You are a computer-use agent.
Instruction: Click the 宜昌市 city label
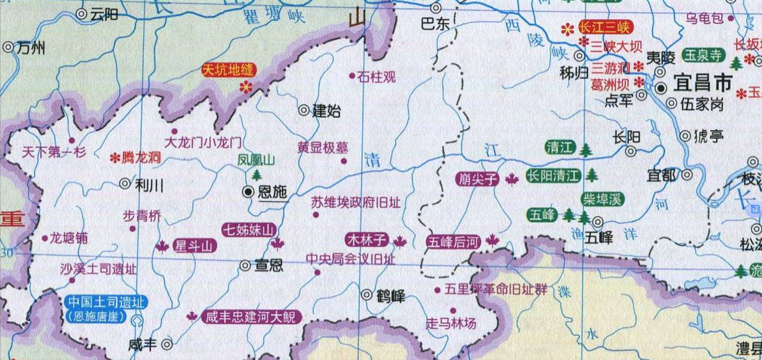[702, 83]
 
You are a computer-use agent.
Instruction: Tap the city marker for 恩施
[248, 192]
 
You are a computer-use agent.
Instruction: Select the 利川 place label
[149, 186]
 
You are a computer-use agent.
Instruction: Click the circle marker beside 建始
[304, 110]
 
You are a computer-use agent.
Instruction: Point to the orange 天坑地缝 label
[229, 70]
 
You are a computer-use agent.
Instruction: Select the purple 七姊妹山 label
[248, 230]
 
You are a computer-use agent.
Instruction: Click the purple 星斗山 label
[194, 246]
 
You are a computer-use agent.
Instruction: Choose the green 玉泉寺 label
[704, 55]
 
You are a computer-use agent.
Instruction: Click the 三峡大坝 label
[616, 47]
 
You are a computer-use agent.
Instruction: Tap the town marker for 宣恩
[245, 266]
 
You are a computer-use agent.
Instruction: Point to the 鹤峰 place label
[390, 296]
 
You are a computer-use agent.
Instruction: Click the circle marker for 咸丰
[167, 344]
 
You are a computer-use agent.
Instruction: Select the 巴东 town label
[435, 24]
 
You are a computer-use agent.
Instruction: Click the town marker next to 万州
[8, 47]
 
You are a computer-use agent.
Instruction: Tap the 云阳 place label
[104, 15]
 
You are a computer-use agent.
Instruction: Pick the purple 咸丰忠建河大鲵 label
[251, 317]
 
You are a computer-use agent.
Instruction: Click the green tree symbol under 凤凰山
[256, 175]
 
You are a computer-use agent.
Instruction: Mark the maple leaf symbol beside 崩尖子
[512, 179]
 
